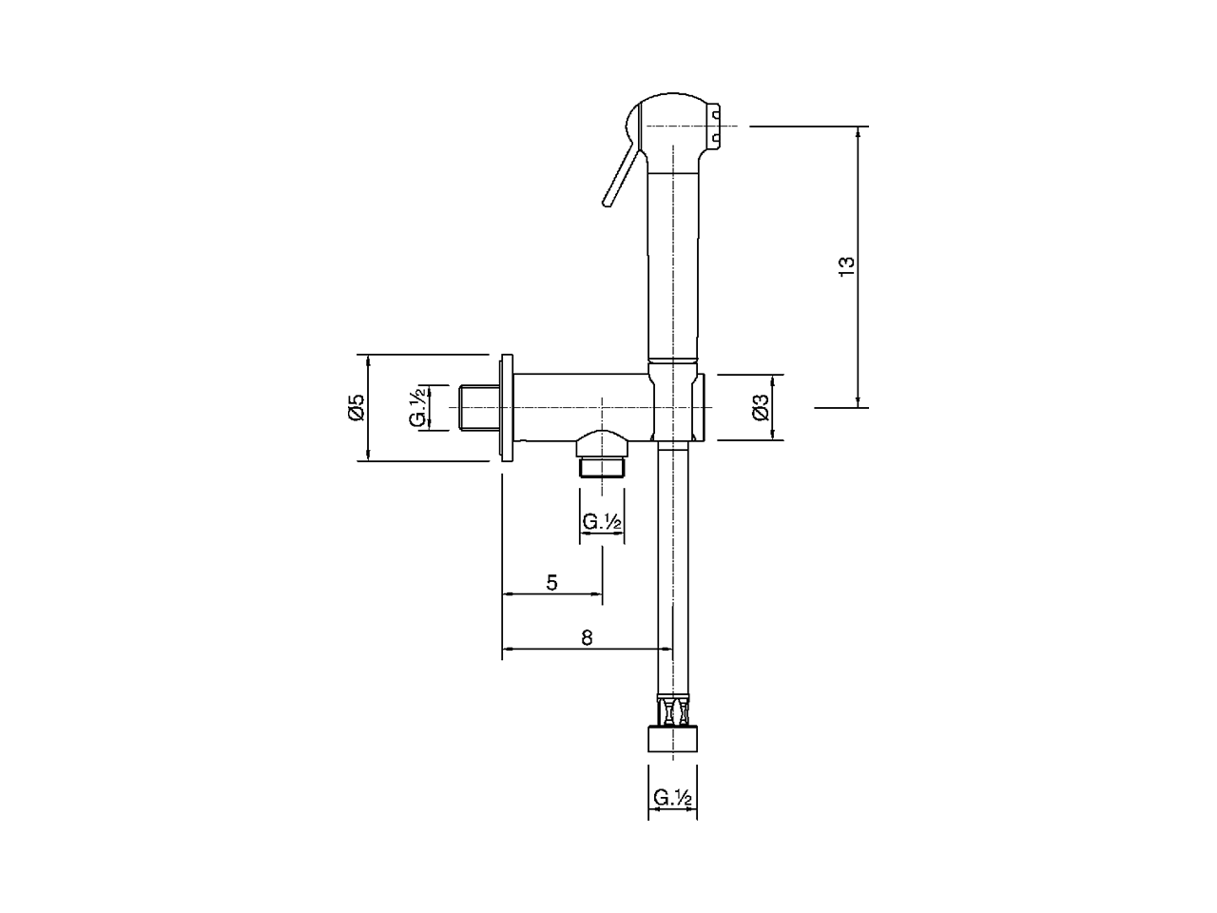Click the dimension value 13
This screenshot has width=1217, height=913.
(846, 266)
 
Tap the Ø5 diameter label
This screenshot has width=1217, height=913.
(357, 407)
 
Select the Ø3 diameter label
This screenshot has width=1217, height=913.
(762, 407)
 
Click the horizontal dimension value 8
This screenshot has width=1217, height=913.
(587, 637)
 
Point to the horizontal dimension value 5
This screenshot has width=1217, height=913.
(551, 583)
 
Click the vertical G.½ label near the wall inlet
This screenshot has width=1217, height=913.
(417, 407)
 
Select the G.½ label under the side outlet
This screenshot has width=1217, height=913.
(602, 521)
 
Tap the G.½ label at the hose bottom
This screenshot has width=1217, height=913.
(672, 798)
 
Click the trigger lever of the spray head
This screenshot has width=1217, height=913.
(622, 172)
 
